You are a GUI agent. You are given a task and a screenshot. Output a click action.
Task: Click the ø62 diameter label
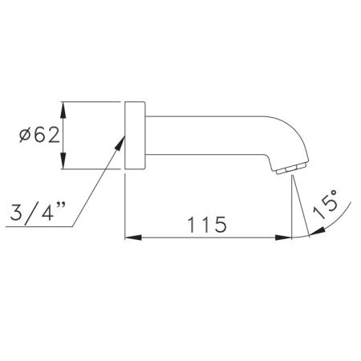pos(39,135)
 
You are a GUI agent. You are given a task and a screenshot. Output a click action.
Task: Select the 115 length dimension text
pos(207,225)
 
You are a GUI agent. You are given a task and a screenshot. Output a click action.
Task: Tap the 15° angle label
pos(326,205)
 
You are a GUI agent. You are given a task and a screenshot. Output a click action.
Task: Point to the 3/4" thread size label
pos(38,212)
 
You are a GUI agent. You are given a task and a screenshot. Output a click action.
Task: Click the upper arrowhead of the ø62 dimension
pos(63,110)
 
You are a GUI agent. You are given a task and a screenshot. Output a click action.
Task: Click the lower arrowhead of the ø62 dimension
pos(63,160)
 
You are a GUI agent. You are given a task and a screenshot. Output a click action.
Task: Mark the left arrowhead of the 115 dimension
pos(133,237)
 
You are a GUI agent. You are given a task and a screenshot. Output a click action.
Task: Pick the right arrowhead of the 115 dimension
pos(283,237)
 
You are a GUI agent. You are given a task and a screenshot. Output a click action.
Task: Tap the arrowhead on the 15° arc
pos(317,232)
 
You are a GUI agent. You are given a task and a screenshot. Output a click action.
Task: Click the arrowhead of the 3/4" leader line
pos(120,143)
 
